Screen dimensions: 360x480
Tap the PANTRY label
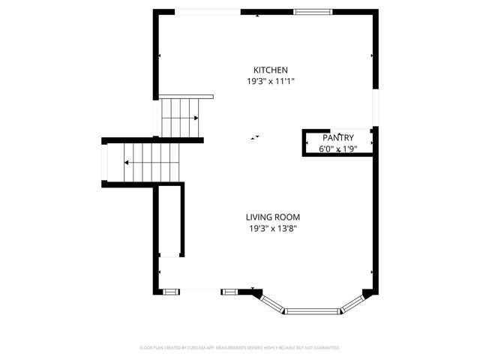[x=338, y=138]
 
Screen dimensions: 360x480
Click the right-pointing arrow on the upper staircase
[x=195, y=118]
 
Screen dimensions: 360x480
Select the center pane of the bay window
[x=313, y=310]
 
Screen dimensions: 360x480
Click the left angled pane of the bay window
[x=273, y=302]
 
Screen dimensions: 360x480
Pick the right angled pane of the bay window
[x=352, y=303]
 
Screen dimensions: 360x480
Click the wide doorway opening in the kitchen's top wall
[x=208, y=11]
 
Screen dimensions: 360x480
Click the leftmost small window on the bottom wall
[x=171, y=291]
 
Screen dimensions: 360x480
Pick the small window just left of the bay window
[x=229, y=291]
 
